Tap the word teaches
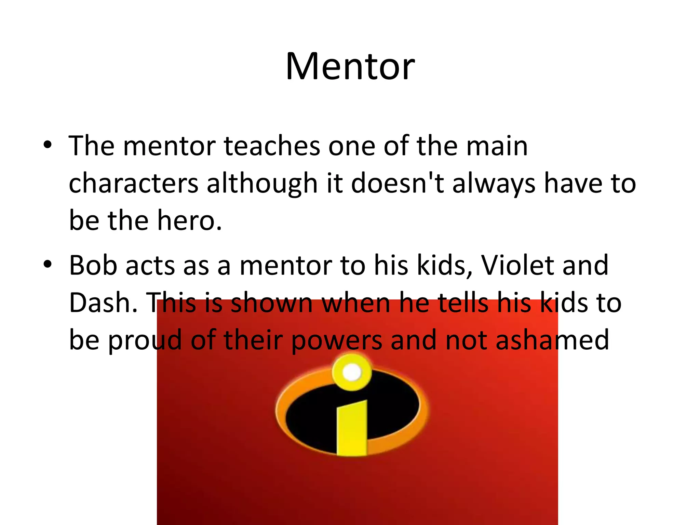click(x=272, y=146)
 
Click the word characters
click(x=133, y=184)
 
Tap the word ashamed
click(x=552, y=340)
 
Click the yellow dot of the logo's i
click(x=351, y=372)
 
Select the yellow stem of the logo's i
click(x=352, y=429)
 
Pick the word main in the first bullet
click(x=497, y=146)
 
